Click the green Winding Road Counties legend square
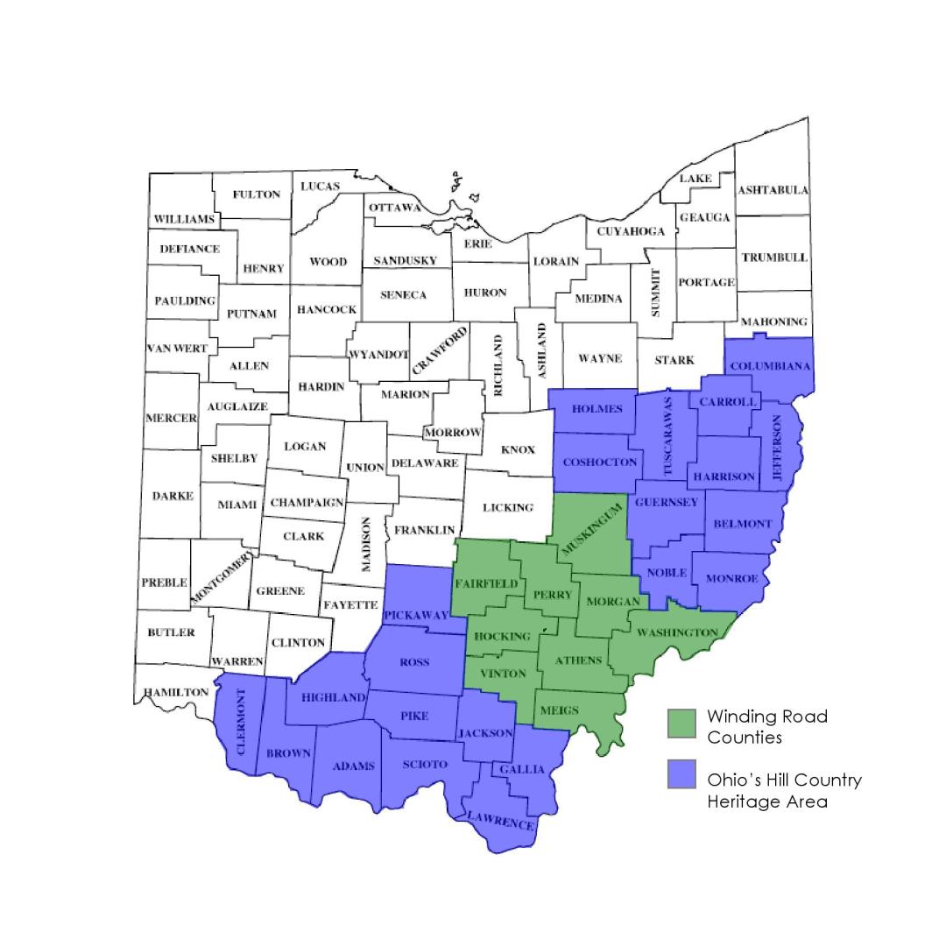pyautogui.click(x=681, y=724)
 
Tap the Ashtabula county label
pyautogui.click(x=773, y=190)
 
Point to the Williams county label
pyautogui.click(x=184, y=218)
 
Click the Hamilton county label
pyautogui.click(x=176, y=692)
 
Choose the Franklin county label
pyautogui.click(x=425, y=530)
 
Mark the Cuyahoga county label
pyautogui.click(x=631, y=232)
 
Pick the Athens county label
pyautogui.click(x=579, y=660)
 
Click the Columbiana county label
pyautogui.click(x=771, y=366)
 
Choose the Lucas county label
pyautogui.click(x=320, y=187)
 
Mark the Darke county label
pyautogui.click(x=173, y=496)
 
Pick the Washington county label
pyautogui.click(x=677, y=632)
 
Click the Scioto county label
pyautogui.click(x=425, y=764)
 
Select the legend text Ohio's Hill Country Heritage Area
pyautogui.click(x=784, y=790)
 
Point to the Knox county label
pyautogui.click(x=518, y=449)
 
